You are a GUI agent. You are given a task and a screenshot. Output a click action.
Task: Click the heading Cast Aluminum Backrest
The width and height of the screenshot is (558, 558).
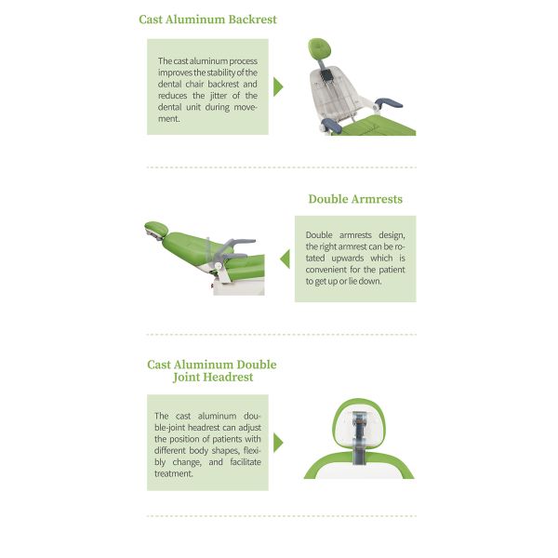(207, 20)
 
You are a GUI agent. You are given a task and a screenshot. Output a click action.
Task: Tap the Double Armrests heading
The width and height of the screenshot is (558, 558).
(355, 199)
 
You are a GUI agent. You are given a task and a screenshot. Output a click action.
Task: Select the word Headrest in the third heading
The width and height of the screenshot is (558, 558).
(228, 377)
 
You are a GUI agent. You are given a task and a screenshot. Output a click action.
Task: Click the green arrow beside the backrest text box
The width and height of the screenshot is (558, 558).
(278, 86)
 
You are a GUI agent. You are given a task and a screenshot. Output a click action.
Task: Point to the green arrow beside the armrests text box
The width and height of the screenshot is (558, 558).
(286, 259)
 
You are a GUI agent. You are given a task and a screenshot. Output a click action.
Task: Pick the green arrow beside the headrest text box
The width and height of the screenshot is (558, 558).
(278, 443)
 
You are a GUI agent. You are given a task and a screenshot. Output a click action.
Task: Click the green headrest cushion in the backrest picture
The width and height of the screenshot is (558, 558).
(320, 48)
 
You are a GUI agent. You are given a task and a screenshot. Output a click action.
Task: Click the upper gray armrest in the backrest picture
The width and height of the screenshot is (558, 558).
(390, 103)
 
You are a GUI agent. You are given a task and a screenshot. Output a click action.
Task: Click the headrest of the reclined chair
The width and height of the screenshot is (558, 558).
(156, 229)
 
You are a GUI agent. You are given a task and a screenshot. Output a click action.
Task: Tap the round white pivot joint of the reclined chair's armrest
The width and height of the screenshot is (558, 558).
(219, 265)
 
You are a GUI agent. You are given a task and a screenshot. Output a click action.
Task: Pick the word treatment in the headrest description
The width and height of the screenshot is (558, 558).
(174, 473)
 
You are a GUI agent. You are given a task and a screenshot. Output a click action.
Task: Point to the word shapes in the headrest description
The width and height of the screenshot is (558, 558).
(226, 451)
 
